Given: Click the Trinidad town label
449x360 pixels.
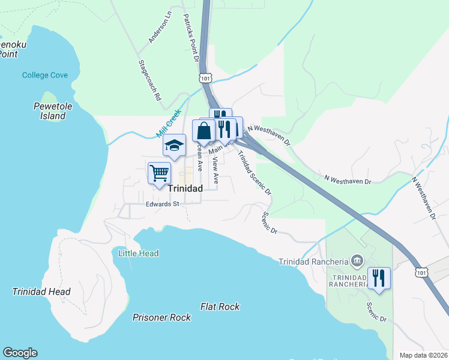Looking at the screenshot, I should pos(185,188).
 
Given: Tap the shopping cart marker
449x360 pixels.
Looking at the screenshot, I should pos(159,173).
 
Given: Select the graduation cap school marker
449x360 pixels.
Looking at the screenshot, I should pos(174,145).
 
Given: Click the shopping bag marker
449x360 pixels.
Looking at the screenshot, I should pos(204,131).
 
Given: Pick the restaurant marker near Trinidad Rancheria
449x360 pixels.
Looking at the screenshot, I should pos(379,278).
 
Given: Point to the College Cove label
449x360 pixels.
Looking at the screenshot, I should pos(45,76).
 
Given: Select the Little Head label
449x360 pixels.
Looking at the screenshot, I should pos(139,253).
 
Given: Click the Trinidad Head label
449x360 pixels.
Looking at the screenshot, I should pos(41,292).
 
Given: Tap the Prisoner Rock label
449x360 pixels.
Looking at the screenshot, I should pos(161,317).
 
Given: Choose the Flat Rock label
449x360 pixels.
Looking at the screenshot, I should pos(220,307).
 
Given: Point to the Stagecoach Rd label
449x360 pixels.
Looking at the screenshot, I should pos(150,79).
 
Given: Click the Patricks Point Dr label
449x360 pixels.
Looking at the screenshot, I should pos(191,40).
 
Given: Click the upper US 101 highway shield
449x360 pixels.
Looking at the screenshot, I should pos(206,78).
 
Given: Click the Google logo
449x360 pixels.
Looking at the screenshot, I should pos(20,353).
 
